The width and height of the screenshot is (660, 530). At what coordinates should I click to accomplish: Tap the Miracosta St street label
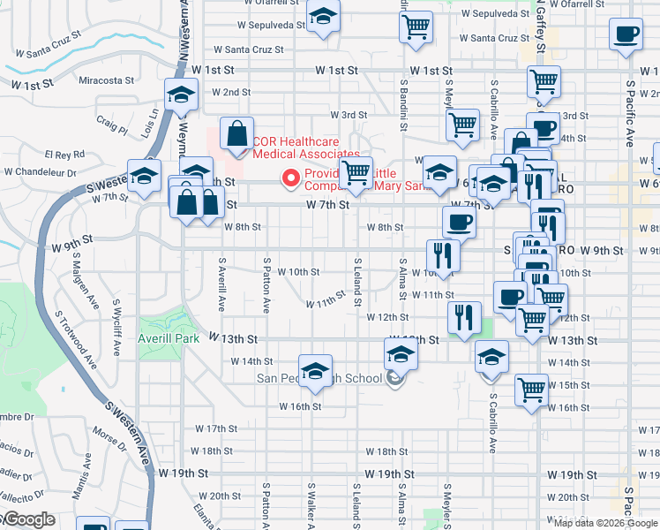pos(105,79)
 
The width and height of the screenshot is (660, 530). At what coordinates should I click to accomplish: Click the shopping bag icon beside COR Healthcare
pos(236,134)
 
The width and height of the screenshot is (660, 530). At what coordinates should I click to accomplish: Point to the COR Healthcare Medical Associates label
pos(295,147)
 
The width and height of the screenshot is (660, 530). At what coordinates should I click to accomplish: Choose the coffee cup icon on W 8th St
pos(459,223)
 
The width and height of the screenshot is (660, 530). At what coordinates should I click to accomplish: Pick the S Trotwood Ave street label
pos(74,340)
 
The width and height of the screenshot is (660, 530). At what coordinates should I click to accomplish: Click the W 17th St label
pos(210,428)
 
